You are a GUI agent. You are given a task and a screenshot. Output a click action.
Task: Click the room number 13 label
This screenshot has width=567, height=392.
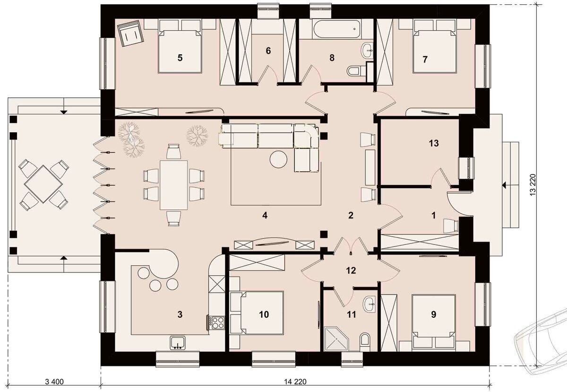434,143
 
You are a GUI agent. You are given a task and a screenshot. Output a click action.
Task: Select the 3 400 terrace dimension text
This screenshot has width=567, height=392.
54,382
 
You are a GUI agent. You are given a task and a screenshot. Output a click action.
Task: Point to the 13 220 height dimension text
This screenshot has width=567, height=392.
533,185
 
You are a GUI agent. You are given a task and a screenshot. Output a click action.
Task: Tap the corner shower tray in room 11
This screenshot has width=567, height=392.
336,339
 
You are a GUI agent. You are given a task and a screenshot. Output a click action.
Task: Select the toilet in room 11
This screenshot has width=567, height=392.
365,341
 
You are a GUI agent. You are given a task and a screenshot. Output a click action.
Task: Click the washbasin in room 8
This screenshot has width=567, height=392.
367,51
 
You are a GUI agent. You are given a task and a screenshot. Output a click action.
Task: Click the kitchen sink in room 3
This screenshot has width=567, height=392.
178,343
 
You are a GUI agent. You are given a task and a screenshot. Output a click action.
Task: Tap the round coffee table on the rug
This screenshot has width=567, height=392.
278,159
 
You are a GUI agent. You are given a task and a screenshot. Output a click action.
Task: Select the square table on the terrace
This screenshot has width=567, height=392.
43,184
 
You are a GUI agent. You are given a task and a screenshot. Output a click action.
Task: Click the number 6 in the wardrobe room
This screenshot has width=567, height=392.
268,51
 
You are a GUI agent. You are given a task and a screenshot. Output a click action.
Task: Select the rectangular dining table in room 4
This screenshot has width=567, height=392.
174,185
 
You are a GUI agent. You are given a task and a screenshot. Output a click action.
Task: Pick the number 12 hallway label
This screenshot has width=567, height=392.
351,270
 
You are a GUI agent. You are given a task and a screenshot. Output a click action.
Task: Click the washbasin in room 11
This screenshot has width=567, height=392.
369,304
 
